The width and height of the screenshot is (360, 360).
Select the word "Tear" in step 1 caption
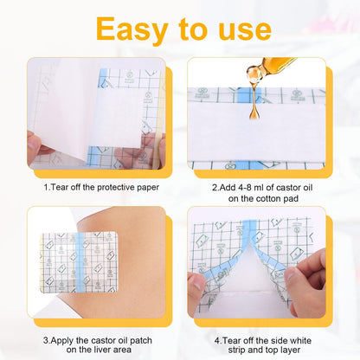coord(59,187)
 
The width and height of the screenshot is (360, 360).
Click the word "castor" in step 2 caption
coord(288,188)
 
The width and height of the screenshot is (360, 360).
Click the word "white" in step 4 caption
coord(300,340)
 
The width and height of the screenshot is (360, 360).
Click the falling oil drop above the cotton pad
coord(254,112)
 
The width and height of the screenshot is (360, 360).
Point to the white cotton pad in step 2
coord(256,132)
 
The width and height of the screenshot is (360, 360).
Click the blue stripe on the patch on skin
coord(80,262)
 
